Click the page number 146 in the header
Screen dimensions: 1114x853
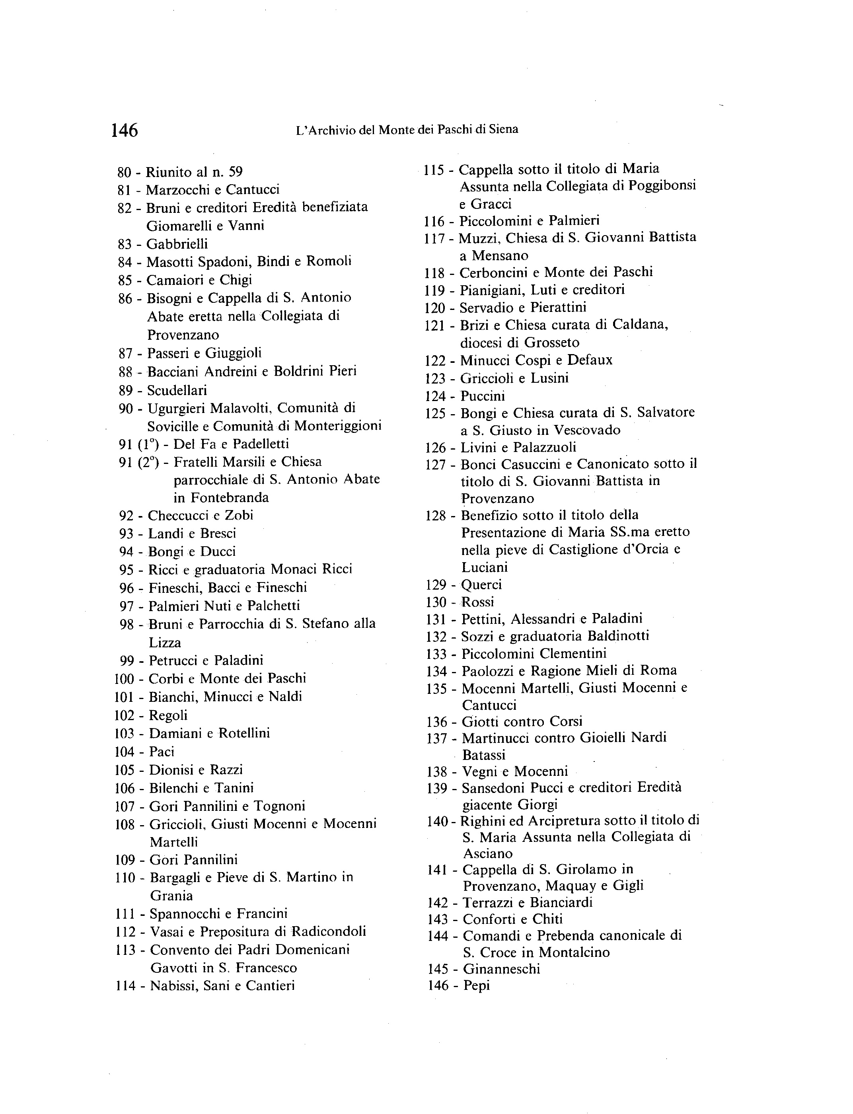(125, 130)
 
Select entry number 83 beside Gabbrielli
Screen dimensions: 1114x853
(125, 244)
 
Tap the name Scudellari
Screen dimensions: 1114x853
(177, 390)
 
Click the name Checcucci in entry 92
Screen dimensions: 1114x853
(178, 515)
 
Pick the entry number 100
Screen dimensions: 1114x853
(125, 679)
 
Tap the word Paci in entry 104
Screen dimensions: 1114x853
(162, 752)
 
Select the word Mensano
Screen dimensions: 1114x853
(500, 255)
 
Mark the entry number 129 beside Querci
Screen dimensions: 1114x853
(436, 585)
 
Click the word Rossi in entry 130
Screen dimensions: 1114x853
(477, 602)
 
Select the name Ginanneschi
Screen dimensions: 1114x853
(502, 969)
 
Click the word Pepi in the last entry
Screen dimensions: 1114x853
(477, 986)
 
